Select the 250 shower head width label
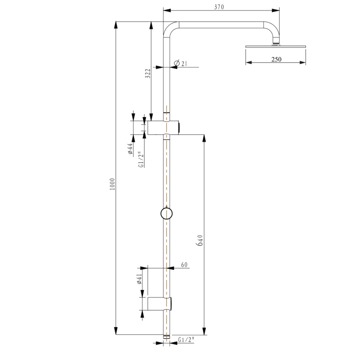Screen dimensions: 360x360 click(x=276, y=59)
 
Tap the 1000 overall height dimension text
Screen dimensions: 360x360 click(x=112, y=184)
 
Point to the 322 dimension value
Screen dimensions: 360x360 click(x=148, y=73)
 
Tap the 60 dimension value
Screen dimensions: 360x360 click(x=184, y=265)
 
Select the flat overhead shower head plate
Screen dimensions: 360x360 click(x=276, y=46)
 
